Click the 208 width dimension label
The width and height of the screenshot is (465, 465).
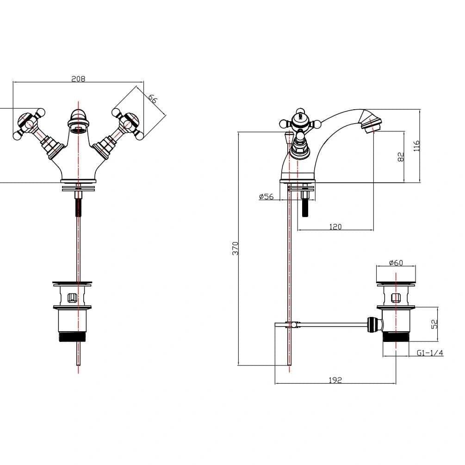[78, 79]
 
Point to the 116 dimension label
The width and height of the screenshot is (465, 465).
[416, 146]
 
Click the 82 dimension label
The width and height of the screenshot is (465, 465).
[401, 156]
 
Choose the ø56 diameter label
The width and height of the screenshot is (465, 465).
[267, 197]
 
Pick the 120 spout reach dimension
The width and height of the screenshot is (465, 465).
[335, 226]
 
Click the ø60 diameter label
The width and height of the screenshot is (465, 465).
[396, 263]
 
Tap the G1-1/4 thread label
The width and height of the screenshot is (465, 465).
[430, 353]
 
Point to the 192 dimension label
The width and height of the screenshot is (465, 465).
[335, 380]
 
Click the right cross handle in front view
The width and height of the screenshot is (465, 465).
[127, 123]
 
